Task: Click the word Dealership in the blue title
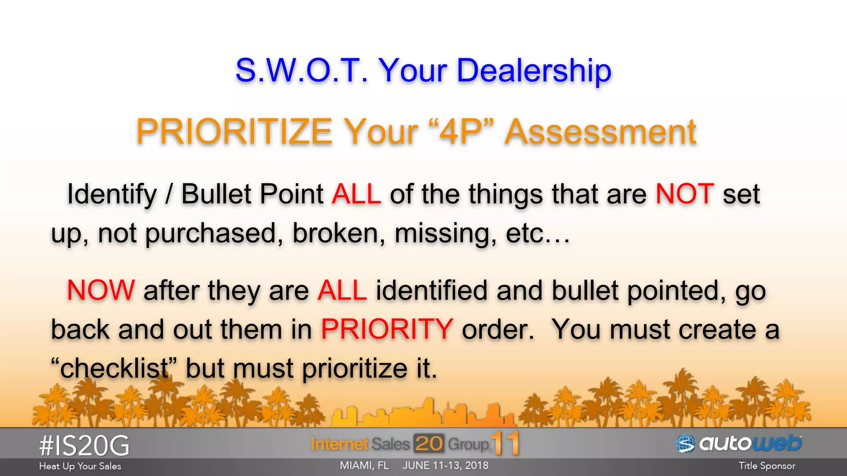coord(534,70)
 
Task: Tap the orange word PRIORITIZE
coord(234,132)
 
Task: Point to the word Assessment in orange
coord(601,132)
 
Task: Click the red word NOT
coord(685,193)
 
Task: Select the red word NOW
coord(101,290)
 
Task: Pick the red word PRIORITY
coord(387,329)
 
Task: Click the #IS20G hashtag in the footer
coord(84,446)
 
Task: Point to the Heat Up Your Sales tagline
coord(80,466)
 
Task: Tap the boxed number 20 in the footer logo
coord(428,444)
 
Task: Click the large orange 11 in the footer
coord(505,443)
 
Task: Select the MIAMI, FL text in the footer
coord(364,466)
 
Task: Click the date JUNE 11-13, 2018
coord(445,466)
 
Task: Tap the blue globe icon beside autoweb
coord(685,444)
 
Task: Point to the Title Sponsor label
coord(767,466)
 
